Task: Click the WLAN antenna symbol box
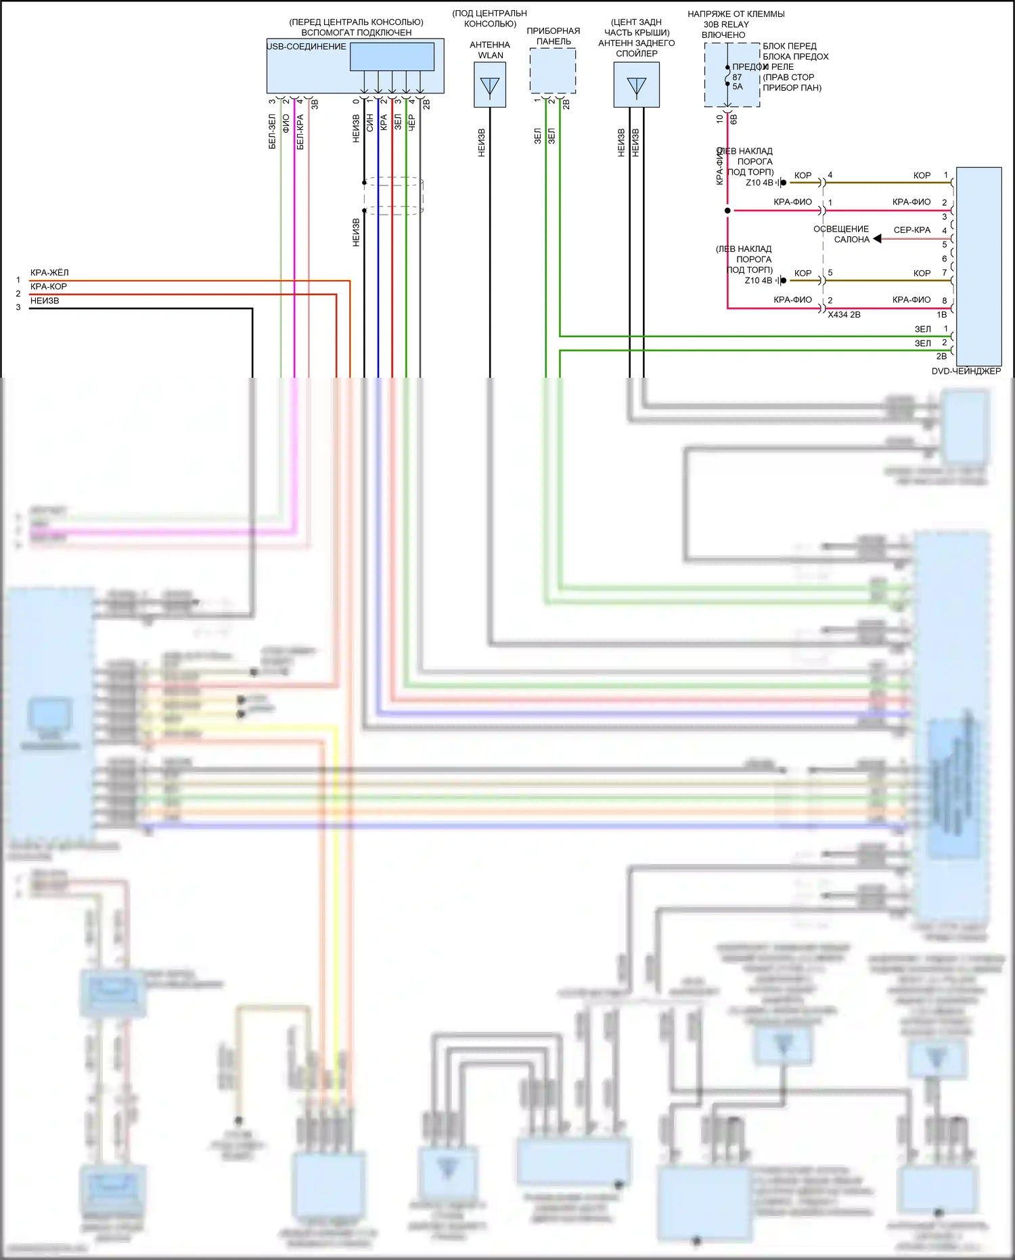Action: [x=489, y=85]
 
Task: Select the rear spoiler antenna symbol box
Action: [x=636, y=85]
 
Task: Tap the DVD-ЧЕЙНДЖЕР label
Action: [x=966, y=371]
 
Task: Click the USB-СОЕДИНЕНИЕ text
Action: [x=307, y=47]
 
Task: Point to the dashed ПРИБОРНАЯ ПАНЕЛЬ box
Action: [x=552, y=70]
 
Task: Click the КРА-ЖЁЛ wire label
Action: [x=49, y=273]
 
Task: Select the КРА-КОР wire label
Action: [x=49, y=286]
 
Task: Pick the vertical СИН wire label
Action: [x=369, y=123]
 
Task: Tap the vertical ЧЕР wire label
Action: [x=411, y=123]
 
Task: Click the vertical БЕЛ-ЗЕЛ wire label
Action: [x=272, y=131]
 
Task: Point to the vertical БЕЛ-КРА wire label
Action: [x=300, y=131]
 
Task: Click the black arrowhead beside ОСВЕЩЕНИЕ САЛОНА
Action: [x=877, y=239]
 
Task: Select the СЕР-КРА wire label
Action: [x=911, y=230]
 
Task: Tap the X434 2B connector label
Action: [x=844, y=315]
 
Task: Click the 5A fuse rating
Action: [x=738, y=87]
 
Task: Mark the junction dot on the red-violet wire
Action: [x=727, y=211]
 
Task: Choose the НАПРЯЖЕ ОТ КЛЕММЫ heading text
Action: [x=736, y=14]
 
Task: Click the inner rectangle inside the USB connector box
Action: [x=392, y=57]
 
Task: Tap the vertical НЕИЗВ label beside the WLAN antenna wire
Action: [x=482, y=143]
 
